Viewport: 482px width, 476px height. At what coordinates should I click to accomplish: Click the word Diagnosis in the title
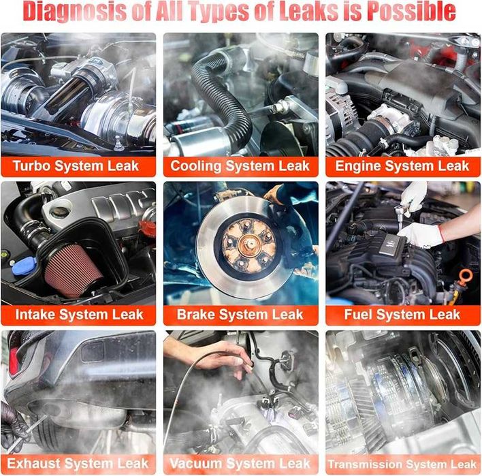75,12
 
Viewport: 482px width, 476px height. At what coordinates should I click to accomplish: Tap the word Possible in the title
412,11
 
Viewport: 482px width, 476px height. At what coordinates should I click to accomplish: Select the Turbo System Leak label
76,166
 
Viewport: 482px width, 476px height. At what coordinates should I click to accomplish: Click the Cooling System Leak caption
240,166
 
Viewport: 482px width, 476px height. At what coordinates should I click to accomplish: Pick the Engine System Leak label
402,166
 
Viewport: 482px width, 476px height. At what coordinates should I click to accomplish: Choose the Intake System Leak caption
79,315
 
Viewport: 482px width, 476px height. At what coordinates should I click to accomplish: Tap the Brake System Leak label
240,315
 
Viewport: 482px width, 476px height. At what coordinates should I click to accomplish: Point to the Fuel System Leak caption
402,315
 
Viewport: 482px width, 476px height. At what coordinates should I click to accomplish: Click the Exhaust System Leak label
78,463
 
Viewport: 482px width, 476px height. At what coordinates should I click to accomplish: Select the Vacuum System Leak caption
240,463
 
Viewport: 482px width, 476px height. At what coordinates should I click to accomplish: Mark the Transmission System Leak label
402,464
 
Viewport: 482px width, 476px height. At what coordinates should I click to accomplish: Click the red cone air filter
73,270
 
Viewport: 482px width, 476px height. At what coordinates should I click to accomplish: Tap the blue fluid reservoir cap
24,266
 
